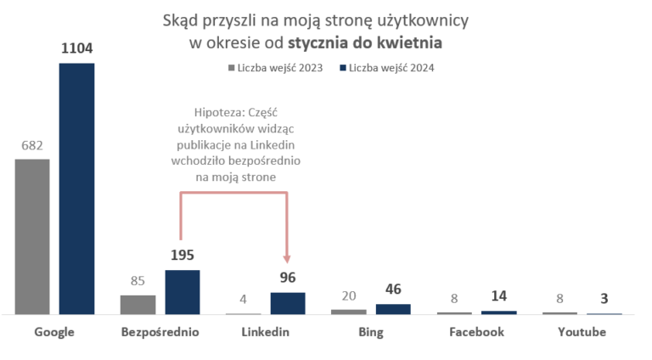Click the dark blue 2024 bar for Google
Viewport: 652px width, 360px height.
(76, 188)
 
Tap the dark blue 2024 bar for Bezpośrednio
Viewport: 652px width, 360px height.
(182, 292)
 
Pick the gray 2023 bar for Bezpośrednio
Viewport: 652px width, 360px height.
(138, 305)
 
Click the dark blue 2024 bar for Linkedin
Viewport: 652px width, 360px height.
(288, 303)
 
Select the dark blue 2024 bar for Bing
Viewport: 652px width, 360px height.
(392, 309)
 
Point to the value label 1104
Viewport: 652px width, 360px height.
(76, 50)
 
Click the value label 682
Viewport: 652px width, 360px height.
(32, 146)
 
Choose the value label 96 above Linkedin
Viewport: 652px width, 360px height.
(288, 278)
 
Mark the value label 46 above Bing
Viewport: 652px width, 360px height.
(392, 290)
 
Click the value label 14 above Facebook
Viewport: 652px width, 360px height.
(498, 297)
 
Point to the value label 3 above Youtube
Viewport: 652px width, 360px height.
(604, 298)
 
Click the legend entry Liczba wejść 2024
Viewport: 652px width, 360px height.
(391, 67)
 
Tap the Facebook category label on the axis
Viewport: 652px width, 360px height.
(476, 332)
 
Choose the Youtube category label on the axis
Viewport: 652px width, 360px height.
(582, 332)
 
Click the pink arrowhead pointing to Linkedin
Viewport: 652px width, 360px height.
(288, 259)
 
